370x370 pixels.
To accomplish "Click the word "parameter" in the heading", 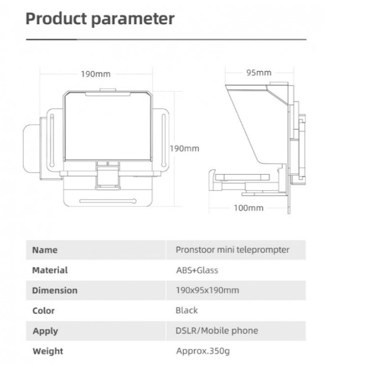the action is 133,19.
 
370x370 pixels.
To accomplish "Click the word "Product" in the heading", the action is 56,18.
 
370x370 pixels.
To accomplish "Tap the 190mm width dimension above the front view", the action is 96,74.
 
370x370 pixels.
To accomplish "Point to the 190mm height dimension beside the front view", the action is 185,149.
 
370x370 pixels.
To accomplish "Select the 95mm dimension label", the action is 259,73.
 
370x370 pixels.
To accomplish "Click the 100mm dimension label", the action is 248,208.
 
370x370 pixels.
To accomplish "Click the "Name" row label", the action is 45,250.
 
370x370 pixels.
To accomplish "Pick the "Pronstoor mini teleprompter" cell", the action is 233,250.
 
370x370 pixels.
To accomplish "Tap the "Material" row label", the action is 50,270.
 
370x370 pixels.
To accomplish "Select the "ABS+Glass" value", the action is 197,270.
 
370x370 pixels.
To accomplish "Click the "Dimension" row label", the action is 55,290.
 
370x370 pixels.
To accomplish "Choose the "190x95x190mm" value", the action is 207,290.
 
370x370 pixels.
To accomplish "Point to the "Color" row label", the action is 44,311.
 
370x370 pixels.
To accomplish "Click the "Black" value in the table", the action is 186,311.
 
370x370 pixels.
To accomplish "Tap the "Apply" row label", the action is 45,331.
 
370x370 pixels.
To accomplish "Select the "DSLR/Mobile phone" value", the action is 217,330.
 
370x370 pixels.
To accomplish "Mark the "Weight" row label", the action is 48,351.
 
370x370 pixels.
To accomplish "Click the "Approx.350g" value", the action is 203,351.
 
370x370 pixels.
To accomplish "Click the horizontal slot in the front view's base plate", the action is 108,201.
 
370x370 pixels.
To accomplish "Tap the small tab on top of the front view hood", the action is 108,90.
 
